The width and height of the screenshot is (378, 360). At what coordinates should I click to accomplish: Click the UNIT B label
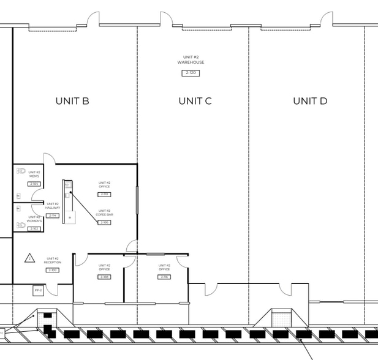[72, 101]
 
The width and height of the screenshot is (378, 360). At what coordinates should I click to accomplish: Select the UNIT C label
[195, 101]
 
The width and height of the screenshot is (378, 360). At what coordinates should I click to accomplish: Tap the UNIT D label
[310, 101]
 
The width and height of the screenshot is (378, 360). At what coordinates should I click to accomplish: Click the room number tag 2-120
[191, 73]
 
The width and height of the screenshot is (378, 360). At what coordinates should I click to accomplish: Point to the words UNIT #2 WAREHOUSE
[191, 60]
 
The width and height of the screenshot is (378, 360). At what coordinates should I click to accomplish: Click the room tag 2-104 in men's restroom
[34, 184]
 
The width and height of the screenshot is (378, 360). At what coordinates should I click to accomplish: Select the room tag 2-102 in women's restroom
[34, 228]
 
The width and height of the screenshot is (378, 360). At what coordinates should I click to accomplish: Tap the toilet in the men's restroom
[20, 172]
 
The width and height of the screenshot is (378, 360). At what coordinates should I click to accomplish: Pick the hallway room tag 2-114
[52, 216]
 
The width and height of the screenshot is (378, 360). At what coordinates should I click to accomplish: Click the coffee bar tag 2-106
[104, 222]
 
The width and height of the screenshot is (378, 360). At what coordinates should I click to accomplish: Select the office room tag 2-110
[104, 194]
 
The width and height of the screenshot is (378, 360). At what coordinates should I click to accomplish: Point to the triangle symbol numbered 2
[29, 258]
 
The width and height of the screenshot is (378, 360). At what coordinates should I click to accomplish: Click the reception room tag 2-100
[52, 270]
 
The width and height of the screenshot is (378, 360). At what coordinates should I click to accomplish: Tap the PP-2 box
[38, 290]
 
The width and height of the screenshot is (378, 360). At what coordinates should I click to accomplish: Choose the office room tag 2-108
[104, 277]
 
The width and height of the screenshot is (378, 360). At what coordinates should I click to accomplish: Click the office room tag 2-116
[164, 277]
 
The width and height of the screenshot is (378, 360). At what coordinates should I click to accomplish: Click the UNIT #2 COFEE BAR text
[104, 212]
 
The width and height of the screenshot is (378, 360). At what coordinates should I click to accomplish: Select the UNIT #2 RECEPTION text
[52, 260]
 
